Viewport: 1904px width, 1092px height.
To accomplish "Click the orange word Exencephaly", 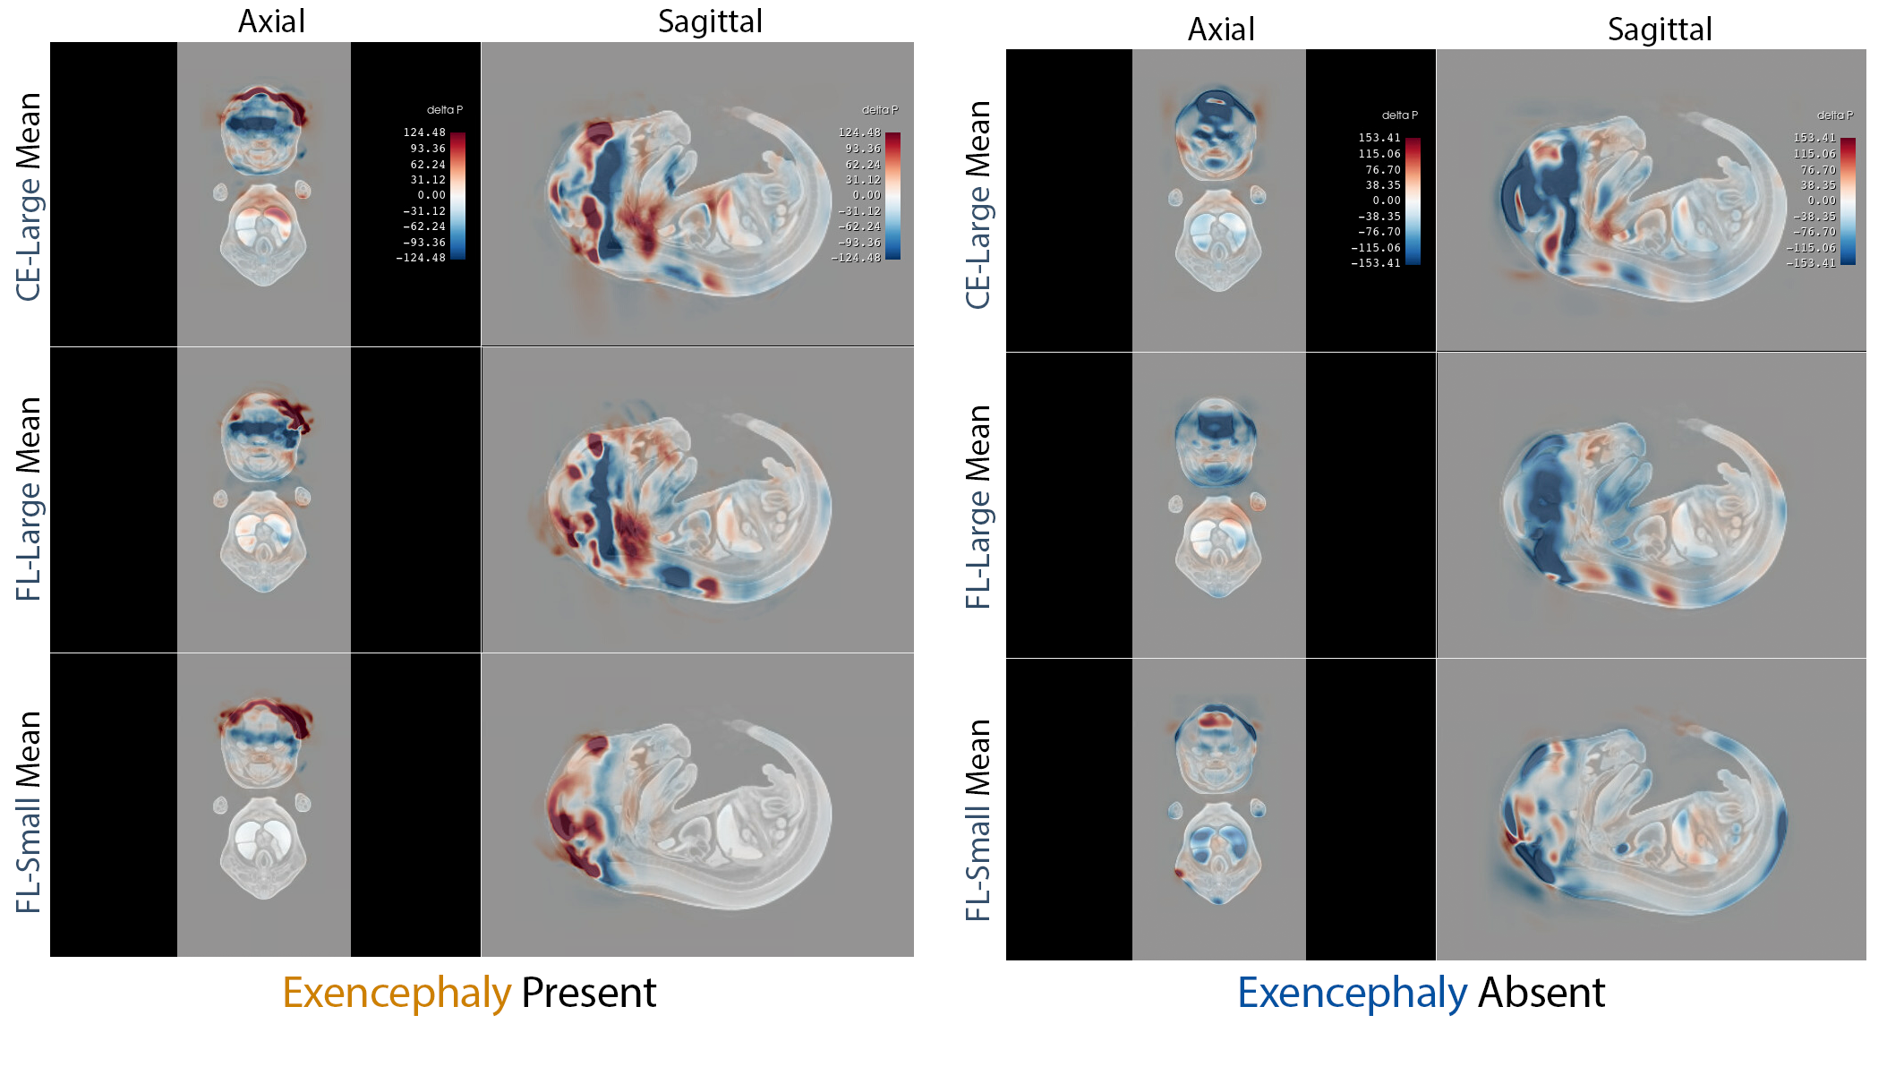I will (x=397, y=994).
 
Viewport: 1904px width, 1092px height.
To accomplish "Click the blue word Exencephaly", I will (x=1352, y=994).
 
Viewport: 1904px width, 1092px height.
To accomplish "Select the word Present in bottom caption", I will (x=589, y=994).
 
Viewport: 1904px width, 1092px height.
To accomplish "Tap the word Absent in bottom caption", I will (x=1541, y=994).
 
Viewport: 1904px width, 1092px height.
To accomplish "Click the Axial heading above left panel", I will (x=271, y=21).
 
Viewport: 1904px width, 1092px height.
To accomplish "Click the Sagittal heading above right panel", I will (x=1660, y=30).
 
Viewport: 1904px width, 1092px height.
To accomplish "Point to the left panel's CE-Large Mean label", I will (x=29, y=197).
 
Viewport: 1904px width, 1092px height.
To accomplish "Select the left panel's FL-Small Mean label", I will (x=29, y=811).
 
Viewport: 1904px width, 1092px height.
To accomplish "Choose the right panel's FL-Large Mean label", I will (x=978, y=507).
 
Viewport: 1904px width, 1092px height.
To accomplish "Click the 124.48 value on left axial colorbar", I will (x=424, y=132).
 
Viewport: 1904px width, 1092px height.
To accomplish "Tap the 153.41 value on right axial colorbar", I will (x=1379, y=138).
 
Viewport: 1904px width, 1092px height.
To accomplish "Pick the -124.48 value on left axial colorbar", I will (x=421, y=258).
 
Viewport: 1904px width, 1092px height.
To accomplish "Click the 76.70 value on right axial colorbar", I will (x=1383, y=170).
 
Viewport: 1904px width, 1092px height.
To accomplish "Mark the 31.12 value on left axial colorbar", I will (x=428, y=180).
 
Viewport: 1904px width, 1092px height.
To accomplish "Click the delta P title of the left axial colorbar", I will (x=444, y=110).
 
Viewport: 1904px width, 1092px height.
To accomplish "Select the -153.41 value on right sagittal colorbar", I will (x=1811, y=263).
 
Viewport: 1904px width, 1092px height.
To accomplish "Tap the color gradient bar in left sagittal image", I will (x=892, y=195).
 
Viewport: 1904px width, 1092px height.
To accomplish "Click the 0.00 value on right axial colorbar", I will (x=1387, y=200).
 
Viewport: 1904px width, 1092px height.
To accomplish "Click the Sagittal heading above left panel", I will (x=710, y=21).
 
